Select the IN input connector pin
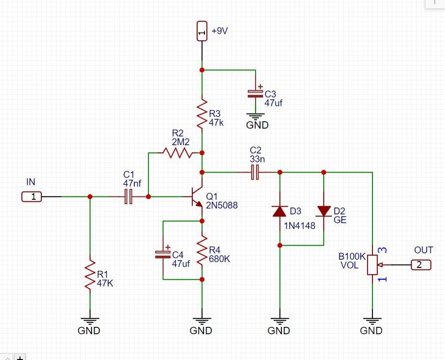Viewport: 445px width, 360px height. click(x=32, y=197)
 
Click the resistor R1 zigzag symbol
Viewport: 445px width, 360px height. click(x=90, y=276)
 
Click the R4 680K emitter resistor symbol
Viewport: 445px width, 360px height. click(x=202, y=251)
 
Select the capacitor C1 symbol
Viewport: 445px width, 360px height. click(x=129, y=197)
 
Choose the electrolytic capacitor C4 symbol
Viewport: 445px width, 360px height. click(x=163, y=254)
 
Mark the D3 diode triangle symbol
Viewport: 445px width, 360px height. click(x=279, y=211)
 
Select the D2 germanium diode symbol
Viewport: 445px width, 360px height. click(x=324, y=211)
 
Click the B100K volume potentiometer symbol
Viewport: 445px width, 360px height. click(x=372, y=265)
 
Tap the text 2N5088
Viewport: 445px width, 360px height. click(x=222, y=206)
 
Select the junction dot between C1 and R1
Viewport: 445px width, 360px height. click(x=90, y=197)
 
